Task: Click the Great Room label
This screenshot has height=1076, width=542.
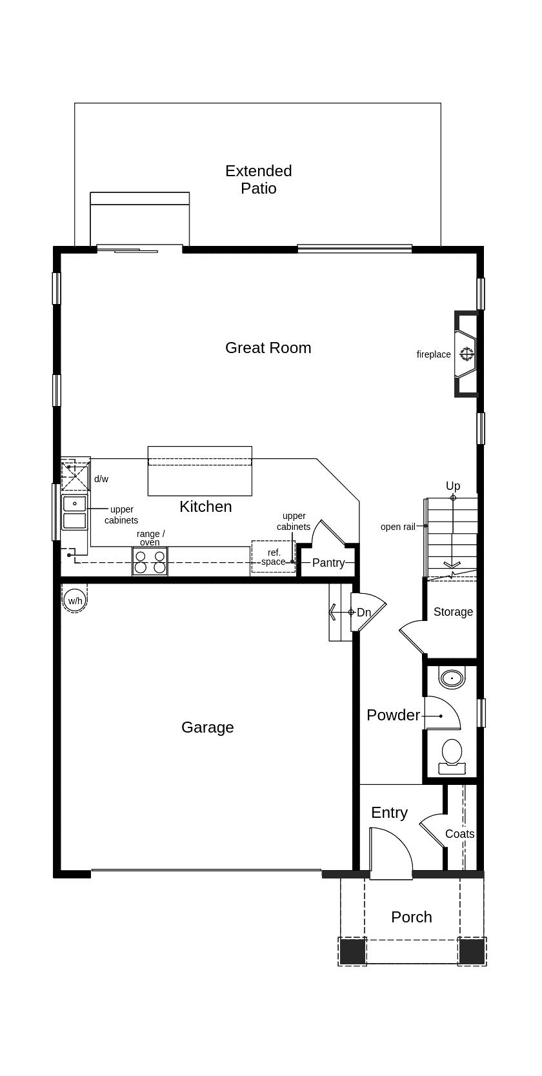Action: point(268,347)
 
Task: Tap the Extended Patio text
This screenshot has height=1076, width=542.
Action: point(258,179)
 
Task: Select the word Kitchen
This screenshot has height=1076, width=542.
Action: point(205,506)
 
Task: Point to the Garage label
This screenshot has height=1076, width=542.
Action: point(207,727)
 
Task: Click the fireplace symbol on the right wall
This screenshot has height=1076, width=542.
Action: point(467,354)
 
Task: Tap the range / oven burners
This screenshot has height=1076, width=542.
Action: point(150,562)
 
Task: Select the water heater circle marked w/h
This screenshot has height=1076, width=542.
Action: point(75,600)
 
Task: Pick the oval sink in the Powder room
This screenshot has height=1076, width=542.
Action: point(452,678)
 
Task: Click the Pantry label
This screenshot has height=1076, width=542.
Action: point(328,562)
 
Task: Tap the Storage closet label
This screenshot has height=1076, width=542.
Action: point(453,611)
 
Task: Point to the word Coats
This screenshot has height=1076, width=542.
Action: point(459,833)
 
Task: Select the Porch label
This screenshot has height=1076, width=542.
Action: point(412,917)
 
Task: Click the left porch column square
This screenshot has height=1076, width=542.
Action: point(352,951)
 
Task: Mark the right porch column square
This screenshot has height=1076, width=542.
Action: point(472,951)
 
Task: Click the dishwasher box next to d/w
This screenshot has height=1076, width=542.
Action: point(75,476)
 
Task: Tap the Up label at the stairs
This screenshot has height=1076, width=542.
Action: point(453,485)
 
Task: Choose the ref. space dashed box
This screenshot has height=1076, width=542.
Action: point(273,556)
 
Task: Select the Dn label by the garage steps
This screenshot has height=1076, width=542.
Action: point(364,612)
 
